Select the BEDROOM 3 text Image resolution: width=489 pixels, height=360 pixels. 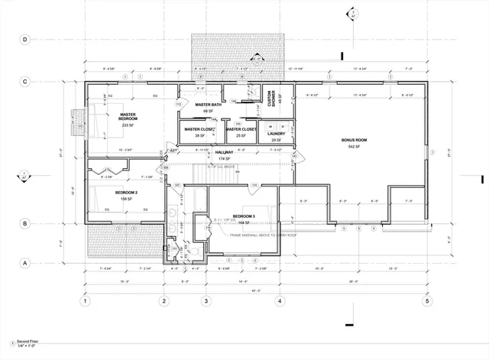(244, 216)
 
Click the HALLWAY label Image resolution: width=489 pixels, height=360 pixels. (224, 152)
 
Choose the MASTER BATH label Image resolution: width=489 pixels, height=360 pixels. (208, 105)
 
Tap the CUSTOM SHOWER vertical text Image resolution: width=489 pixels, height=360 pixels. (270, 101)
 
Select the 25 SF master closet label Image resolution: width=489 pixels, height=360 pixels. (241, 136)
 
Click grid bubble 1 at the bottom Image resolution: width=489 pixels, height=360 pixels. (87, 301)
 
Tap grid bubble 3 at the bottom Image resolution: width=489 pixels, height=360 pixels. (206, 301)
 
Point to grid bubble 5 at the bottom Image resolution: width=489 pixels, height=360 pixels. (427, 301)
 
